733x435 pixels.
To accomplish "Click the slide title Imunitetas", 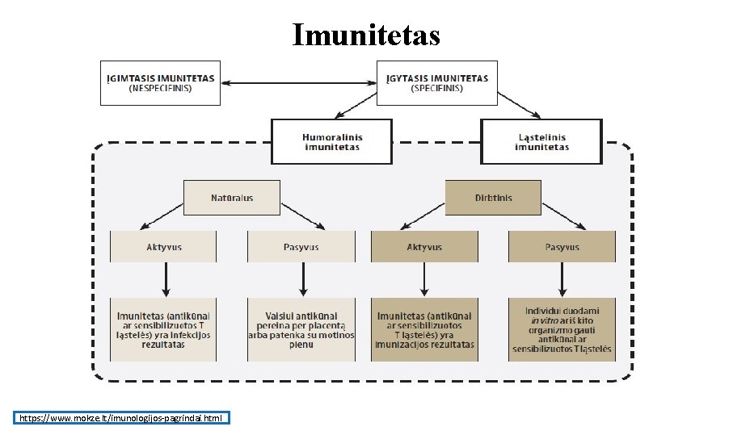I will point(366,35).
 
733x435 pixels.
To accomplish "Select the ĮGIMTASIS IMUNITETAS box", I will point(160,82).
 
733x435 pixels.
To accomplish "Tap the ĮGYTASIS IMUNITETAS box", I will point(437,82).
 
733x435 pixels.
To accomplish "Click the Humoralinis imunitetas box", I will point(331,142).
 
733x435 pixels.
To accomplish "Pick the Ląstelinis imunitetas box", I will point(541,142).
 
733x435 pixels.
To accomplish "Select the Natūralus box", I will point(232,198).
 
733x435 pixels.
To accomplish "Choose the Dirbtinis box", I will point(492,198).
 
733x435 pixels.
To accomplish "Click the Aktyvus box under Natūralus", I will point(163,247).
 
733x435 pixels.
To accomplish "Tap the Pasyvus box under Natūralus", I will point(301,247).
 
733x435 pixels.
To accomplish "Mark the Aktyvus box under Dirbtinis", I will point(423,247).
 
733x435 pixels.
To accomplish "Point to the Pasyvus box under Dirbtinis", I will point(562,247).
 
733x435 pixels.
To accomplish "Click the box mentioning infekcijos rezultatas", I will point(163,329).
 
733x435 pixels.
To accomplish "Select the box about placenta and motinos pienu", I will point(301,329).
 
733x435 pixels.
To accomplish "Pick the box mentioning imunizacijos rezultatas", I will point(424,329).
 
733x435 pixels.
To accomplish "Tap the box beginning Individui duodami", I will point(562,329).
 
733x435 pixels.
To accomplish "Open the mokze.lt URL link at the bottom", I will point(122,418).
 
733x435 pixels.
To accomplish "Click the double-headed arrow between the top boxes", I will point(298,82).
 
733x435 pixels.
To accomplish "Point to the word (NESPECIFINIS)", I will point(160,88).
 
